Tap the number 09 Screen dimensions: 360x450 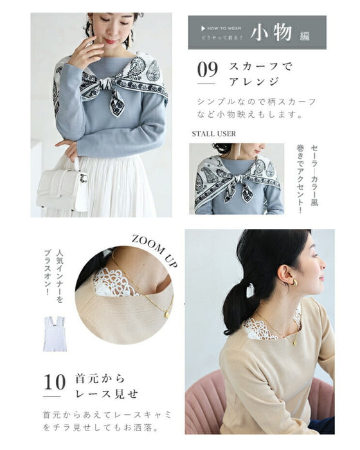[x=208, y=69]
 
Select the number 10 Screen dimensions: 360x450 [x=55, y=382]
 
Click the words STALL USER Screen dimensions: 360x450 [x=214, y=134]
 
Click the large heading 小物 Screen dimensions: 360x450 [x=271, y=32]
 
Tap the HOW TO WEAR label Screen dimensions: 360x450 [x=224, y=28]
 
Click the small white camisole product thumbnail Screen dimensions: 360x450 [x=55, y=334]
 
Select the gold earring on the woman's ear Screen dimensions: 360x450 [x=294, y=282]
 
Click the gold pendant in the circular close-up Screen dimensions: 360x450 [x=166, y=315]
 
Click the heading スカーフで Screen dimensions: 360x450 [x=260, y=67]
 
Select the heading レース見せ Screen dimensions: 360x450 [x=107, y=393]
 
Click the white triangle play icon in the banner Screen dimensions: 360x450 [x=203, y=28]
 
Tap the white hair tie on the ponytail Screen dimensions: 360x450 [x=250, y=290]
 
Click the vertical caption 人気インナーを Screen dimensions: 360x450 [x=60, y=276]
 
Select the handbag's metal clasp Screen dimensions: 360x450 [x=84, y=177]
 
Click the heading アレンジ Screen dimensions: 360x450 [x=254, y=82]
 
